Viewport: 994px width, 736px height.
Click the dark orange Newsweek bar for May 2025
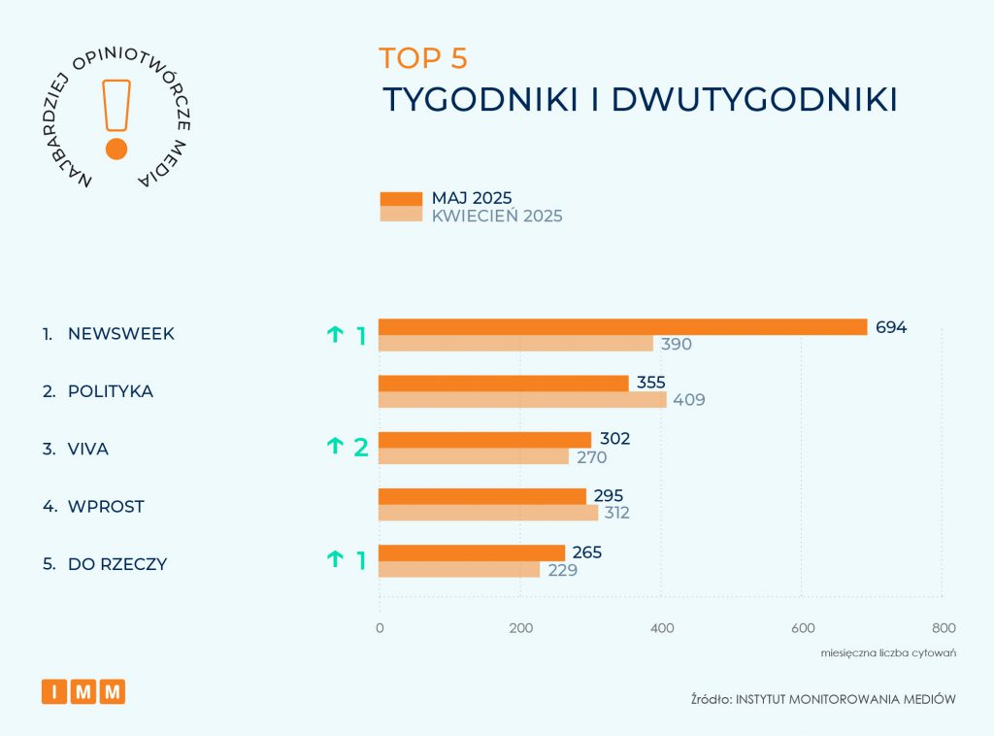(622, 327)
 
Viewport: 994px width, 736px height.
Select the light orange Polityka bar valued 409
(522, 399)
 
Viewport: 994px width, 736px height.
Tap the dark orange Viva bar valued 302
(484, 439)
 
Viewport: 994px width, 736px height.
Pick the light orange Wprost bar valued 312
(488, 513)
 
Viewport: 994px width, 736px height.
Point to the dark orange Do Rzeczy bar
(472, 552)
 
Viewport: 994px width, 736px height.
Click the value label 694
(890, 327)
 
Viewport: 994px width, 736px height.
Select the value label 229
(562, 570)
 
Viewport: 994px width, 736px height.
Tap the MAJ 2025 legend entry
(472, 198)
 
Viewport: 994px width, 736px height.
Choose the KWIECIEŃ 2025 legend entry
(496, 216)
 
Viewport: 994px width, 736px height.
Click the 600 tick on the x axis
(801, 627)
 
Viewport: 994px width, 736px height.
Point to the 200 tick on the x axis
(520, 627)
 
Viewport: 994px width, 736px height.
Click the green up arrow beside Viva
(335, 446)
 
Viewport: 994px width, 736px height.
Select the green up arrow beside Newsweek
(335, 335)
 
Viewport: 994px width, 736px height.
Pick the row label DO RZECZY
(117, 564)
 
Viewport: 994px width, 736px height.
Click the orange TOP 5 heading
(423, 58)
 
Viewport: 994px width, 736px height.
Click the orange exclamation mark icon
(116, 118)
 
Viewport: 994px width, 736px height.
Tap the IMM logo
(83, 691)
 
